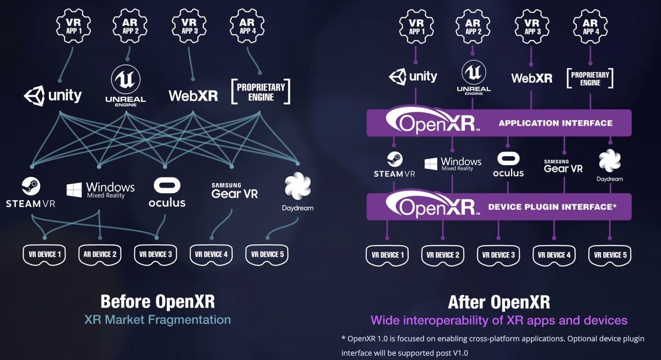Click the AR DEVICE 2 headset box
click(x=100, y=254)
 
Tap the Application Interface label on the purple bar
click(x=555, y=123)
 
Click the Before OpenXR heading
click(x=158, y=302)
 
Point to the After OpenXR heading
click(x=499, y=302)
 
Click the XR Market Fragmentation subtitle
click(x=158, y=320)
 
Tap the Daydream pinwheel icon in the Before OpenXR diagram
click(x=298, y=187)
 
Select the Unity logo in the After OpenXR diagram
click(x=413, y=77)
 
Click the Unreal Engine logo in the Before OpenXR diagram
click(x=126, y=84)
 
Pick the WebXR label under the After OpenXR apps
click(x=532, y=78)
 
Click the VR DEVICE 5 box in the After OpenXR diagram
click(x=609, y=255)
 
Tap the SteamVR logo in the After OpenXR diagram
click(x=394, y=166)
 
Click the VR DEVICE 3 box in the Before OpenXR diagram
click(x=156, y=254)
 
